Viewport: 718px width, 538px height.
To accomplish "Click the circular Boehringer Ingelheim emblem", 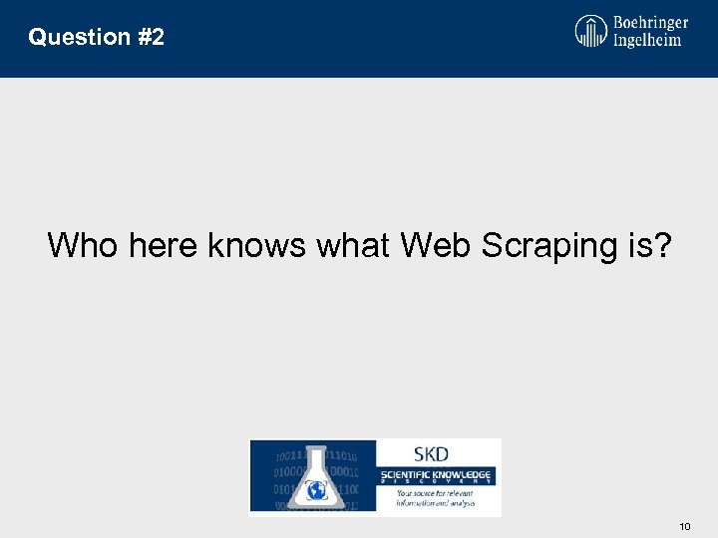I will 591,30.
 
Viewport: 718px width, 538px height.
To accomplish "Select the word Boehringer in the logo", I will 651,22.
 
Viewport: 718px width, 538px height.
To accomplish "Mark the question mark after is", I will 663,245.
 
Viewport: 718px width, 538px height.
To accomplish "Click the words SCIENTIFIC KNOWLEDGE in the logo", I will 439,473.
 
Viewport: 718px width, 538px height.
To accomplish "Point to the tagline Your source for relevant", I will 435,493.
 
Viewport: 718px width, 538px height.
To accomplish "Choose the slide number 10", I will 684,525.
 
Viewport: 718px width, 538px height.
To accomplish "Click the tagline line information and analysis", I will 435,503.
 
